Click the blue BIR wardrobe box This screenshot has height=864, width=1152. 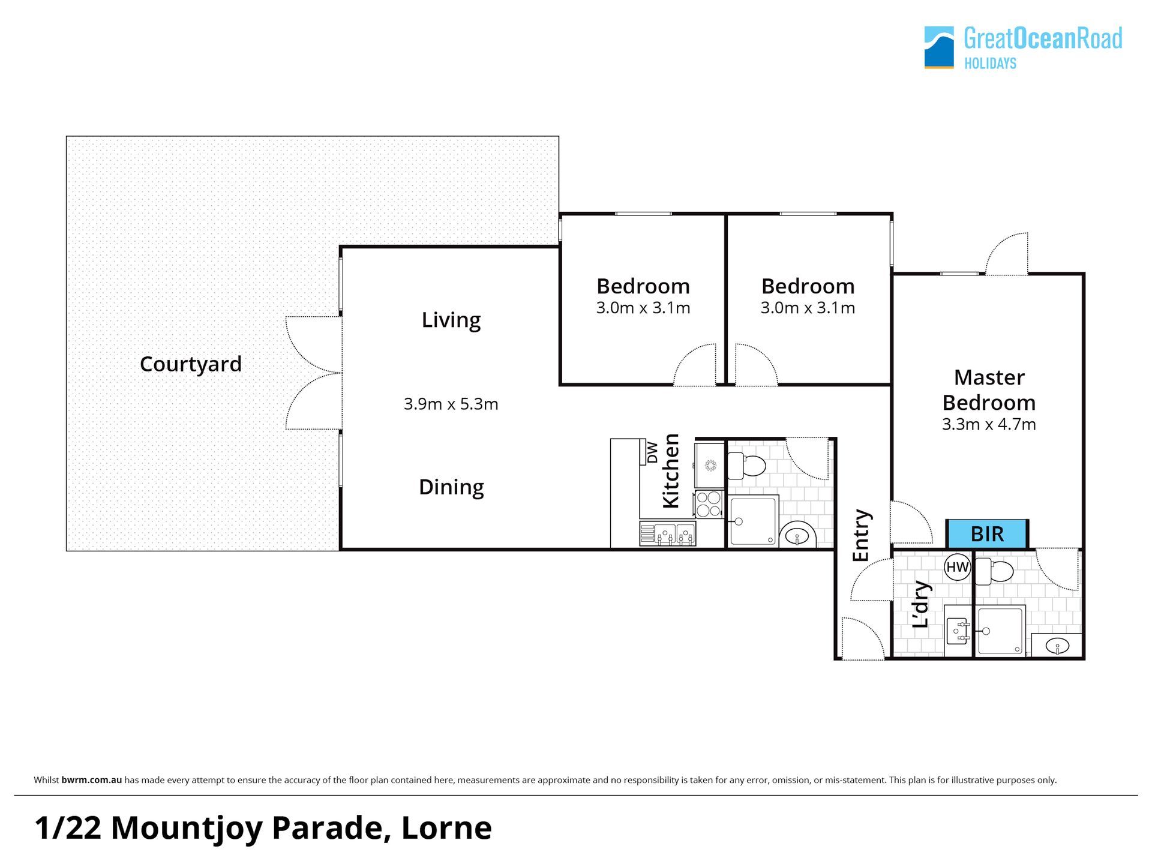point(987,534)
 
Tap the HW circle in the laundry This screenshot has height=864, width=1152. point(958,567)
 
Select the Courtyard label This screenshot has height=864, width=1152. point(191,364)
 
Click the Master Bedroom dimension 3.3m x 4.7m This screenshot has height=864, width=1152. point(989,424)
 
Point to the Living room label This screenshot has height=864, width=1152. point(451,320)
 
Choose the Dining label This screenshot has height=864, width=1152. point(451,487)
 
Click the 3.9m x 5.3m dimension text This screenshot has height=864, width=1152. point(451,404)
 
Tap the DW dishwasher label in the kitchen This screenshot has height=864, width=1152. point(652,452)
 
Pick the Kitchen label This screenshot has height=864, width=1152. point(671,471)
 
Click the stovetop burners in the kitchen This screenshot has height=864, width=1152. point(710,503)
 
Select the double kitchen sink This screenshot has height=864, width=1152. point(668,533)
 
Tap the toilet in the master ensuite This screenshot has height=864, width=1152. point(994,571)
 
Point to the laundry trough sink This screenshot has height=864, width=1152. point(957,631)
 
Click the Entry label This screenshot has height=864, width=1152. point(861,536)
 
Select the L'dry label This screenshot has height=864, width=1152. point(921,604)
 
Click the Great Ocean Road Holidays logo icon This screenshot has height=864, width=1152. point(939,47)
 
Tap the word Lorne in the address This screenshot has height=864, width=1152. point(446,828)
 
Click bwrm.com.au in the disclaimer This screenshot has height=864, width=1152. point(92,781)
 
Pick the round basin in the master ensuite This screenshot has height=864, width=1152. point(1057,646)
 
